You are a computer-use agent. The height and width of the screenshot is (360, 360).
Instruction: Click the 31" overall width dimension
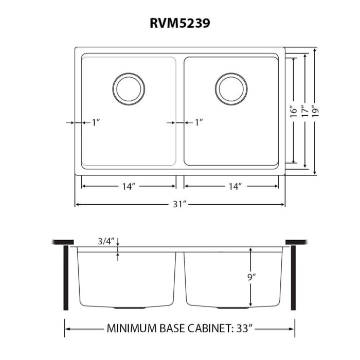179,205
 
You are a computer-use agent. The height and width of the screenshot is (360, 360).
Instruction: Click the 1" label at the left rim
96,122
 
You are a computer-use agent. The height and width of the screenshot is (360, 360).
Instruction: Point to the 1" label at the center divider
199,122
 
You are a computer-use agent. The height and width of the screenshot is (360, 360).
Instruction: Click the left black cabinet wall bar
66,278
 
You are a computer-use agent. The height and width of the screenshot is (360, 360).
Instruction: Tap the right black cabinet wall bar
293,278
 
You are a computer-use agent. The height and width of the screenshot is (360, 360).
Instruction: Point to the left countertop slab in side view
63,242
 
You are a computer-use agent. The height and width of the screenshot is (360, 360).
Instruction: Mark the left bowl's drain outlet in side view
124,308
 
